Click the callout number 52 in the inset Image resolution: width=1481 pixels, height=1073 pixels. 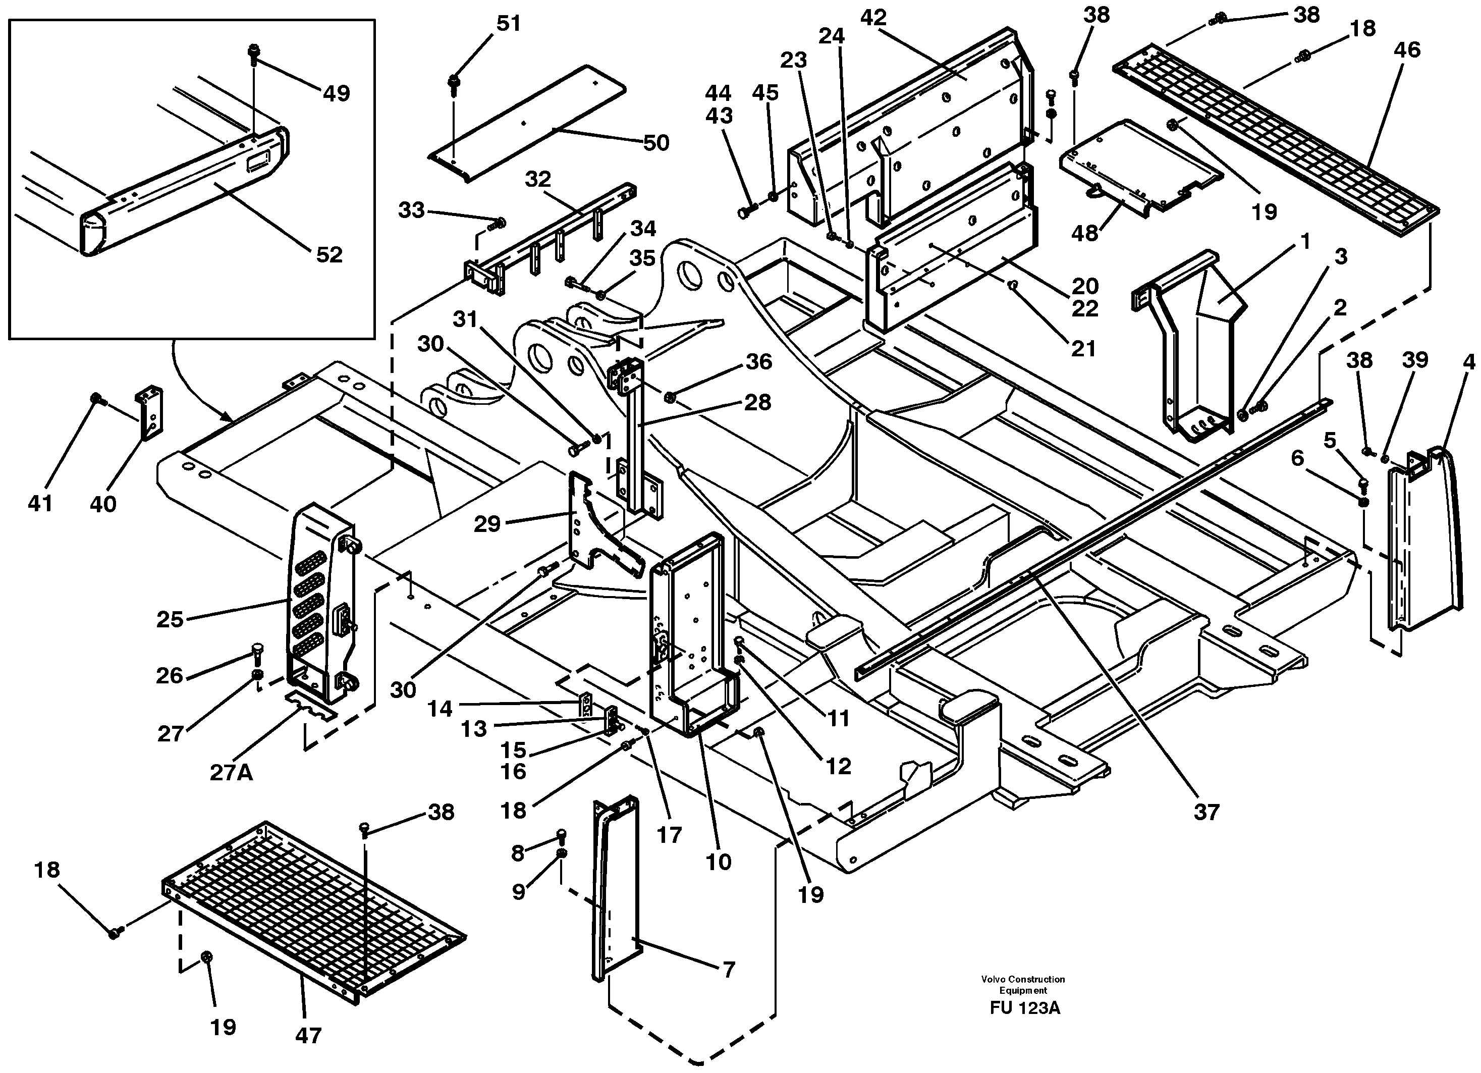tap(329, 255)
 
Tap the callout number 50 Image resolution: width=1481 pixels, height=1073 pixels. tap(655, 142)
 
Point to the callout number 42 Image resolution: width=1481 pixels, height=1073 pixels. tap(873, 18)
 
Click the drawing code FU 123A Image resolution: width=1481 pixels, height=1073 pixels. tap(1024, 1008)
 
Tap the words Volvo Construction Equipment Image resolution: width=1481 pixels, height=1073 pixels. tap(1023, 985)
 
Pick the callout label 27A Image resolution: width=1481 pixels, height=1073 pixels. tap(231, 773)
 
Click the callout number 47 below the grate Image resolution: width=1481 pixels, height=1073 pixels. tap(308, 1035)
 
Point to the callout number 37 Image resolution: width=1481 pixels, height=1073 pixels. tap(1206, 812)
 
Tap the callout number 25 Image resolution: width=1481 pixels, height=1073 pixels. tap(170, 619)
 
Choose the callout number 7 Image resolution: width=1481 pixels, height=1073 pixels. tap(728, 969)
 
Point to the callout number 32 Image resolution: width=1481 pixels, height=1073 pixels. tap(537, 179)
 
